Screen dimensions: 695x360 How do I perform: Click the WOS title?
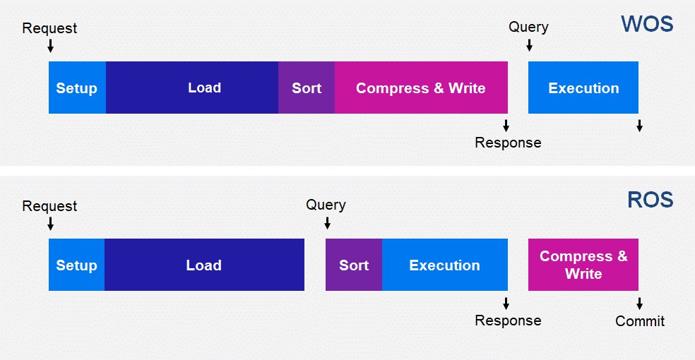click(x=647, y=24)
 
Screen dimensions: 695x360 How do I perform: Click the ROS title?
click(x=651, y=200)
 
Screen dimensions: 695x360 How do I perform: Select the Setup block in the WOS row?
click(x=77, y=88)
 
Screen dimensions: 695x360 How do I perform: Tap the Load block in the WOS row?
click(x=192, y=88)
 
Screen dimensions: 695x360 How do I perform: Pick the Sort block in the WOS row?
click(x=307, y=88)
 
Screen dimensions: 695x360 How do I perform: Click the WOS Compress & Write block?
click(x=421, y=88)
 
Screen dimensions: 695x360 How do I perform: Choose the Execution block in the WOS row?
click(x=583, y=88)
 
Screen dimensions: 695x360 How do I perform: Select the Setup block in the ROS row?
click(x=77, y=265)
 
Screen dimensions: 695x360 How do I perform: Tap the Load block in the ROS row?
click(x=204, y=265)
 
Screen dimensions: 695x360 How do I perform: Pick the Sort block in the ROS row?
click(x=354, y=265)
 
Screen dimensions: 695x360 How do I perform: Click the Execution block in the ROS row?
click(x=444, y=265)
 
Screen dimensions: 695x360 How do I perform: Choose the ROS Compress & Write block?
click(x=583, y=265)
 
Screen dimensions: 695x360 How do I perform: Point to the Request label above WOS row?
click(x=49, y=28)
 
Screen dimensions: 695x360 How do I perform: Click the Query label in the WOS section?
click(x=528, y=27)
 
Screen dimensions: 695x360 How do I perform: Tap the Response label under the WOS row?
click(x=508, y=143)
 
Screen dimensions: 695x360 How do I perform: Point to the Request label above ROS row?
click(x=49, y=206)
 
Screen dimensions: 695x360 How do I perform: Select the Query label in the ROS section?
click(x=326, y=205)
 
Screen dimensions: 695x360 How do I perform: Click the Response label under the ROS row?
click(x=508, y=320)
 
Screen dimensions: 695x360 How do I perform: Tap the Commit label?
click(x=640, y=321)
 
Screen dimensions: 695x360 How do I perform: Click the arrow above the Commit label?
click(x=640, y=304)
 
